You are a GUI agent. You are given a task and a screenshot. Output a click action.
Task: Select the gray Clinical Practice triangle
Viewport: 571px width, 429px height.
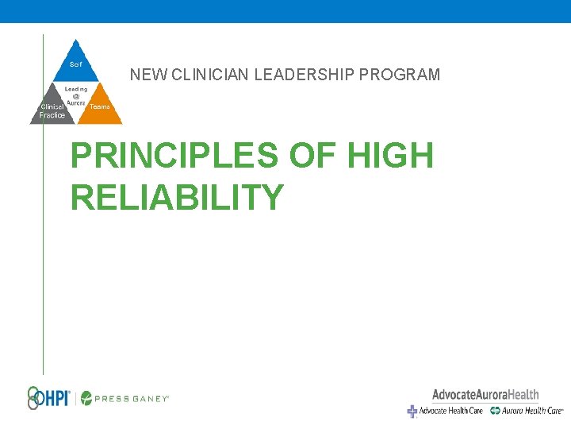[52, 110]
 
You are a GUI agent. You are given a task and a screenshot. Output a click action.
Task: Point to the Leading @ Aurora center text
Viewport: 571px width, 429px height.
[76, 96]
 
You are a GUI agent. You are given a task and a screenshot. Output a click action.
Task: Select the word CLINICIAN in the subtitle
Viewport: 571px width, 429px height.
[208, 75]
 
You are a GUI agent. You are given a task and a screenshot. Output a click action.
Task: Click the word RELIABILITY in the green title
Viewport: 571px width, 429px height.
[177, 196]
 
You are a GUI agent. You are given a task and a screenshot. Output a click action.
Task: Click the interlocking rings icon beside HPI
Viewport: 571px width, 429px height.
[33, 397]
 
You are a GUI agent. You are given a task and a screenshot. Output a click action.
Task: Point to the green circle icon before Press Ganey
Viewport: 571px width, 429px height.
[86, 398]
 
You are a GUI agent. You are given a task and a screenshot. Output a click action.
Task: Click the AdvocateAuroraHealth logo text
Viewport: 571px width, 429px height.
[485, 394]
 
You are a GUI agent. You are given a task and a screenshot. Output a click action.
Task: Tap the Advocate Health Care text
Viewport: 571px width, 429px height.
[450, 411]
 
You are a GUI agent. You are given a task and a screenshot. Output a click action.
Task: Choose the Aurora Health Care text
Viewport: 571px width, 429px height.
[532, 411]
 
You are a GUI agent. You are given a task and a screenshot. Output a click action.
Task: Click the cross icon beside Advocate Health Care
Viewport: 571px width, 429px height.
[412, 411]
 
